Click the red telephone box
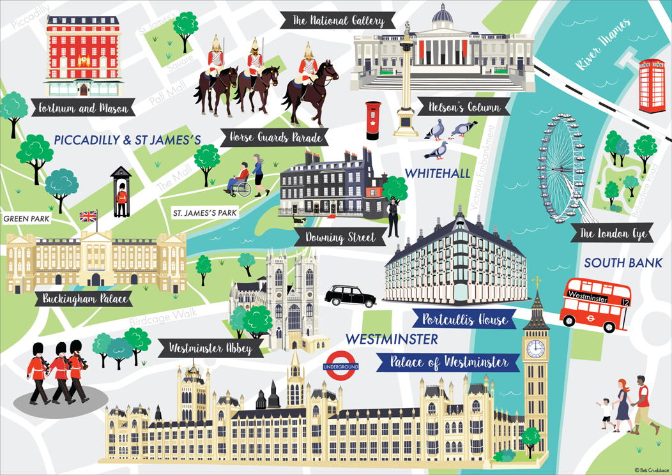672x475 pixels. pyautogui.click(x=652, y=85)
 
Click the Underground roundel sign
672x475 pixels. pyautogui.click(x=341, y=366)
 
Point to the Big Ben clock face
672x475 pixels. pyautogui.click(x=535, y=349)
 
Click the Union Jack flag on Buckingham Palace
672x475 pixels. pyautogui.click(x=88, y=216)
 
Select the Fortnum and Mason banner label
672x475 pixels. pyautogui.click(x=82, y=109)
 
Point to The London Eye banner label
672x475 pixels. pyautogui.click(x=613, y=234)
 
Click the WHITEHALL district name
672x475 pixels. pyautogui.click(x=438, y=174)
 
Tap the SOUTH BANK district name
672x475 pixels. pyautogui.click(x=623, y=262)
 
